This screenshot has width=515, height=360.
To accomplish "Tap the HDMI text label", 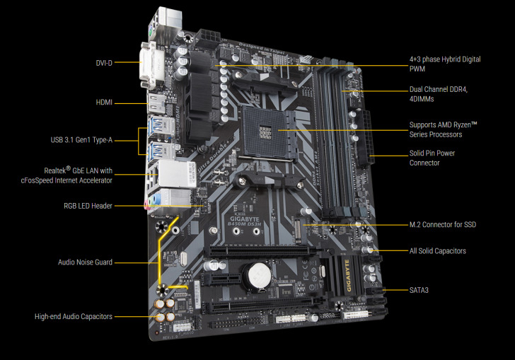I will (x=104, y=103).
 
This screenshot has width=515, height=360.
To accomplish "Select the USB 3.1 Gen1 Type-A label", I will (x=81, y=140).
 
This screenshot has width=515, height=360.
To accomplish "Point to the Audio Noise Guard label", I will (x=85, y=262).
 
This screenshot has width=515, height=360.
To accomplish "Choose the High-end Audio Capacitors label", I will (x=74, y=316).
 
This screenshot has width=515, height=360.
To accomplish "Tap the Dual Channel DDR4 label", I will (x=439, y=95).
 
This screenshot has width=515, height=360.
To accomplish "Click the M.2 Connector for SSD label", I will (x=443, y=225).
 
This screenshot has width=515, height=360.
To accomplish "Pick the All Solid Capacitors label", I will (x=438, y=251).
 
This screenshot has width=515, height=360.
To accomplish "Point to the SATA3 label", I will (x=419, y=290).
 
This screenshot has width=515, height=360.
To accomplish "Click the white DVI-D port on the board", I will (x=151, y=62).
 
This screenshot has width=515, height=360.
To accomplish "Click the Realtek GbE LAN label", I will (x=77, y=175).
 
